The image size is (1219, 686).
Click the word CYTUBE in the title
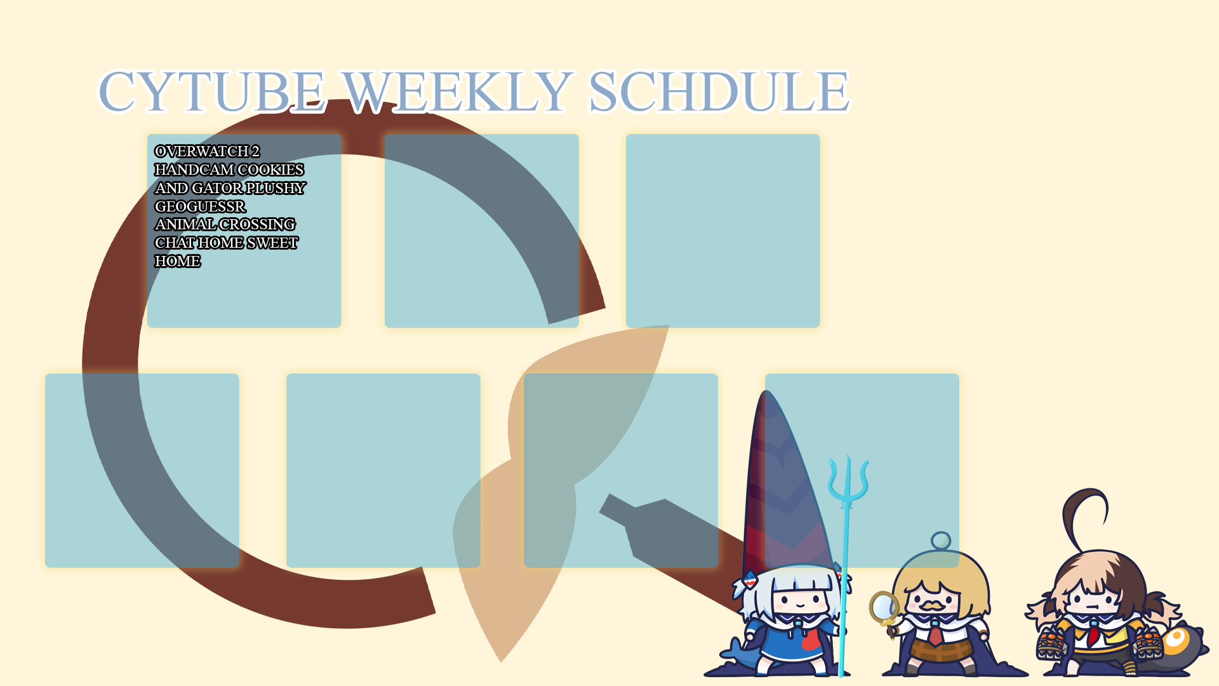coord(213,91)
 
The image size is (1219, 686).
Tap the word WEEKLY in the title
coord(457,91)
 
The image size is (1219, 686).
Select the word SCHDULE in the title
coord(719,91)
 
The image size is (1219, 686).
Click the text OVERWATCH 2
coord(207,151)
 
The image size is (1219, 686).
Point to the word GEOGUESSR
coord(200,206)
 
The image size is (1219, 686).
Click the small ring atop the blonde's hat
coord(941,541)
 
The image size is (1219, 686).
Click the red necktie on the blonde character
coord(936,634)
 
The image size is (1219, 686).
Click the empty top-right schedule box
coord(723,231)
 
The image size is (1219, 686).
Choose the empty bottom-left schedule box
coord(142,471)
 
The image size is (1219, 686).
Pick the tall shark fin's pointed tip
coord(766,391)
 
